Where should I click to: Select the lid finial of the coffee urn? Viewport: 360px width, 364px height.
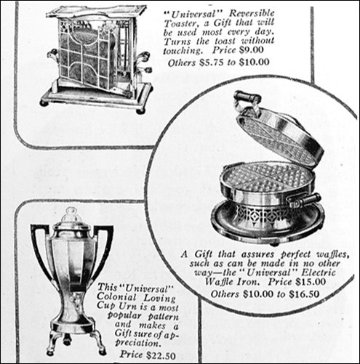tap(70, 216)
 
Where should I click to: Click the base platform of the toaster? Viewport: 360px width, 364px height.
tap(95, 96)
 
